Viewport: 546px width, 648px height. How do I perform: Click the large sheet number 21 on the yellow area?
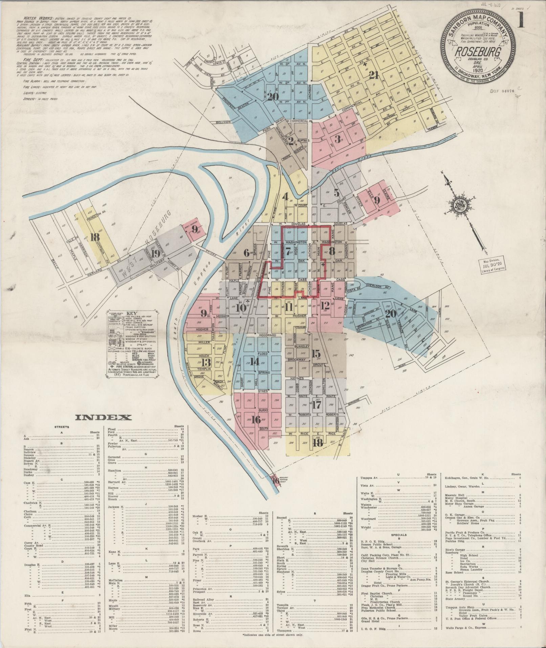(373, 75)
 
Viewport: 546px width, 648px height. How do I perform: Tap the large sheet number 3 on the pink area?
(337, 139)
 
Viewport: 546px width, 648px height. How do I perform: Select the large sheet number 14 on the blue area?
(255, 361)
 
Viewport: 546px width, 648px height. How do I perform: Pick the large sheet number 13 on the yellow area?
(207, 361)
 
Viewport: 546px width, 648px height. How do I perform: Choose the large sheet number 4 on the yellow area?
(286, 196)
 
